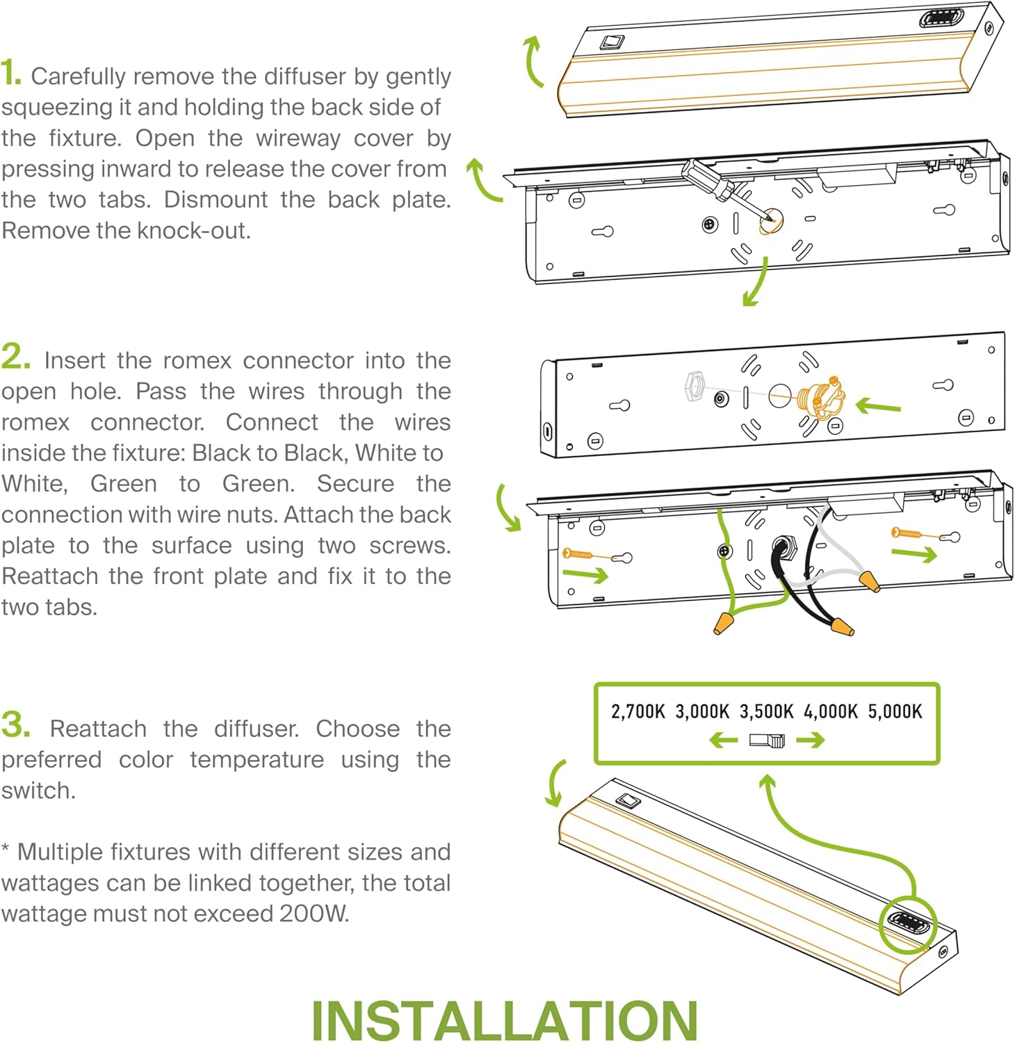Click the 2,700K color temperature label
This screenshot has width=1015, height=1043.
click(638, 711)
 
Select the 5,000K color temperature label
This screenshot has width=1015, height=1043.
click(895, 711)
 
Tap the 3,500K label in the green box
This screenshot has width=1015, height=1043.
click(766, 711)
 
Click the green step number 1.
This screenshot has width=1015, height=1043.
click(10, 73)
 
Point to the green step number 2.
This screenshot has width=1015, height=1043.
click(15, 357)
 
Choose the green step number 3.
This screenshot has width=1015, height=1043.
click(15, 725)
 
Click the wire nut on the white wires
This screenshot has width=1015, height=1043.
click(869, 581)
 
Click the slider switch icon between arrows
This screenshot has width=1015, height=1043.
click(767, 741)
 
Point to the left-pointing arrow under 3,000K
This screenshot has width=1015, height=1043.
click(724, 741)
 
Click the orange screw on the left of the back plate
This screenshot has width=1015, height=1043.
click(578, 554)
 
